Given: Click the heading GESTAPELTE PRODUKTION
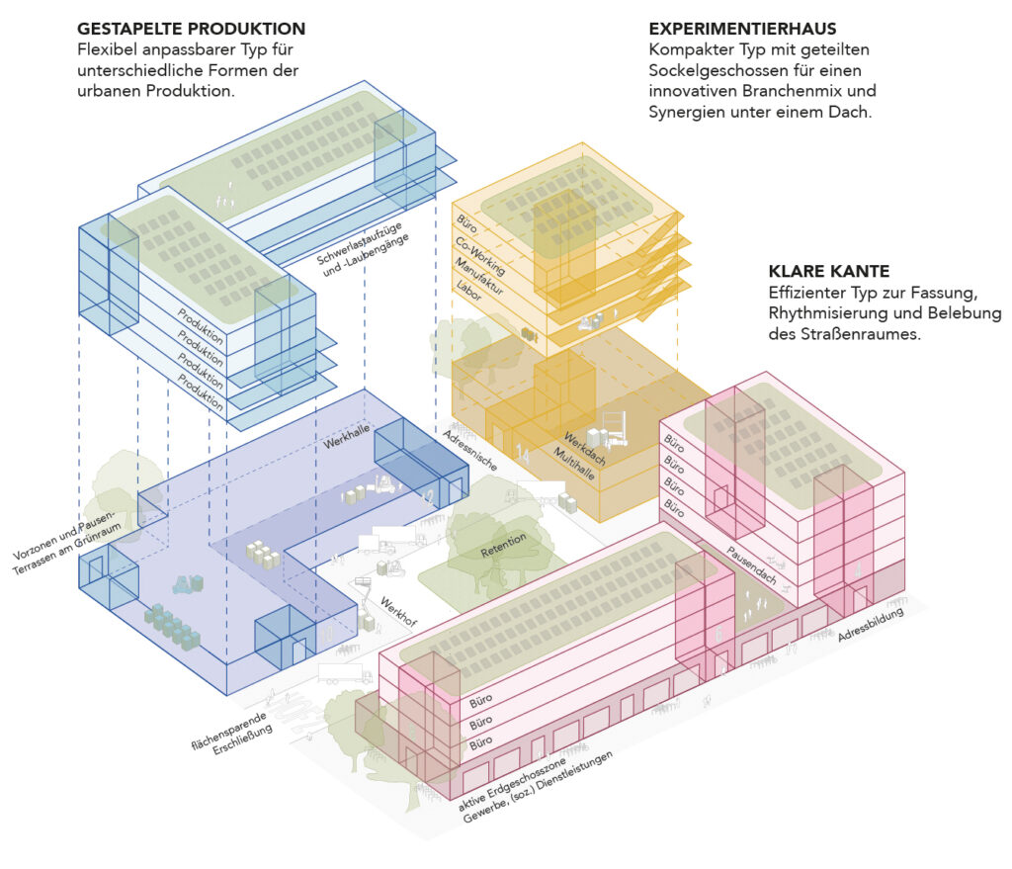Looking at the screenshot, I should [x=191, y=29].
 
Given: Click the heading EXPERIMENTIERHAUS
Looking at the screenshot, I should [x=745, y=29].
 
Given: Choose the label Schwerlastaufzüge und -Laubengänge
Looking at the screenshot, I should [x=362, y=248].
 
